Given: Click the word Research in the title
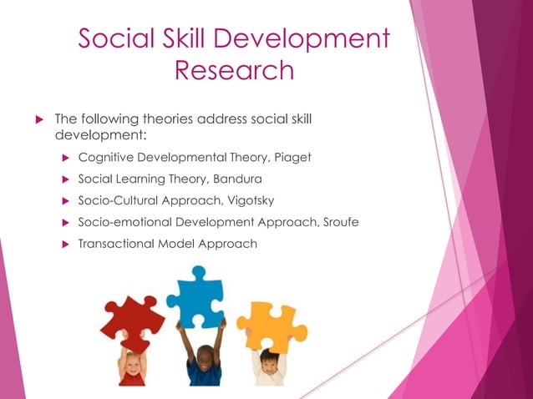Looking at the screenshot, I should click(x=233, y=70).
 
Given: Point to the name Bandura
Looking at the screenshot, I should click(x=239, y=179).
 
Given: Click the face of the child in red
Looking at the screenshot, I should click(x=133, y=364).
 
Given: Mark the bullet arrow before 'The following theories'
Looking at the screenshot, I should click(x=36, y=119).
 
